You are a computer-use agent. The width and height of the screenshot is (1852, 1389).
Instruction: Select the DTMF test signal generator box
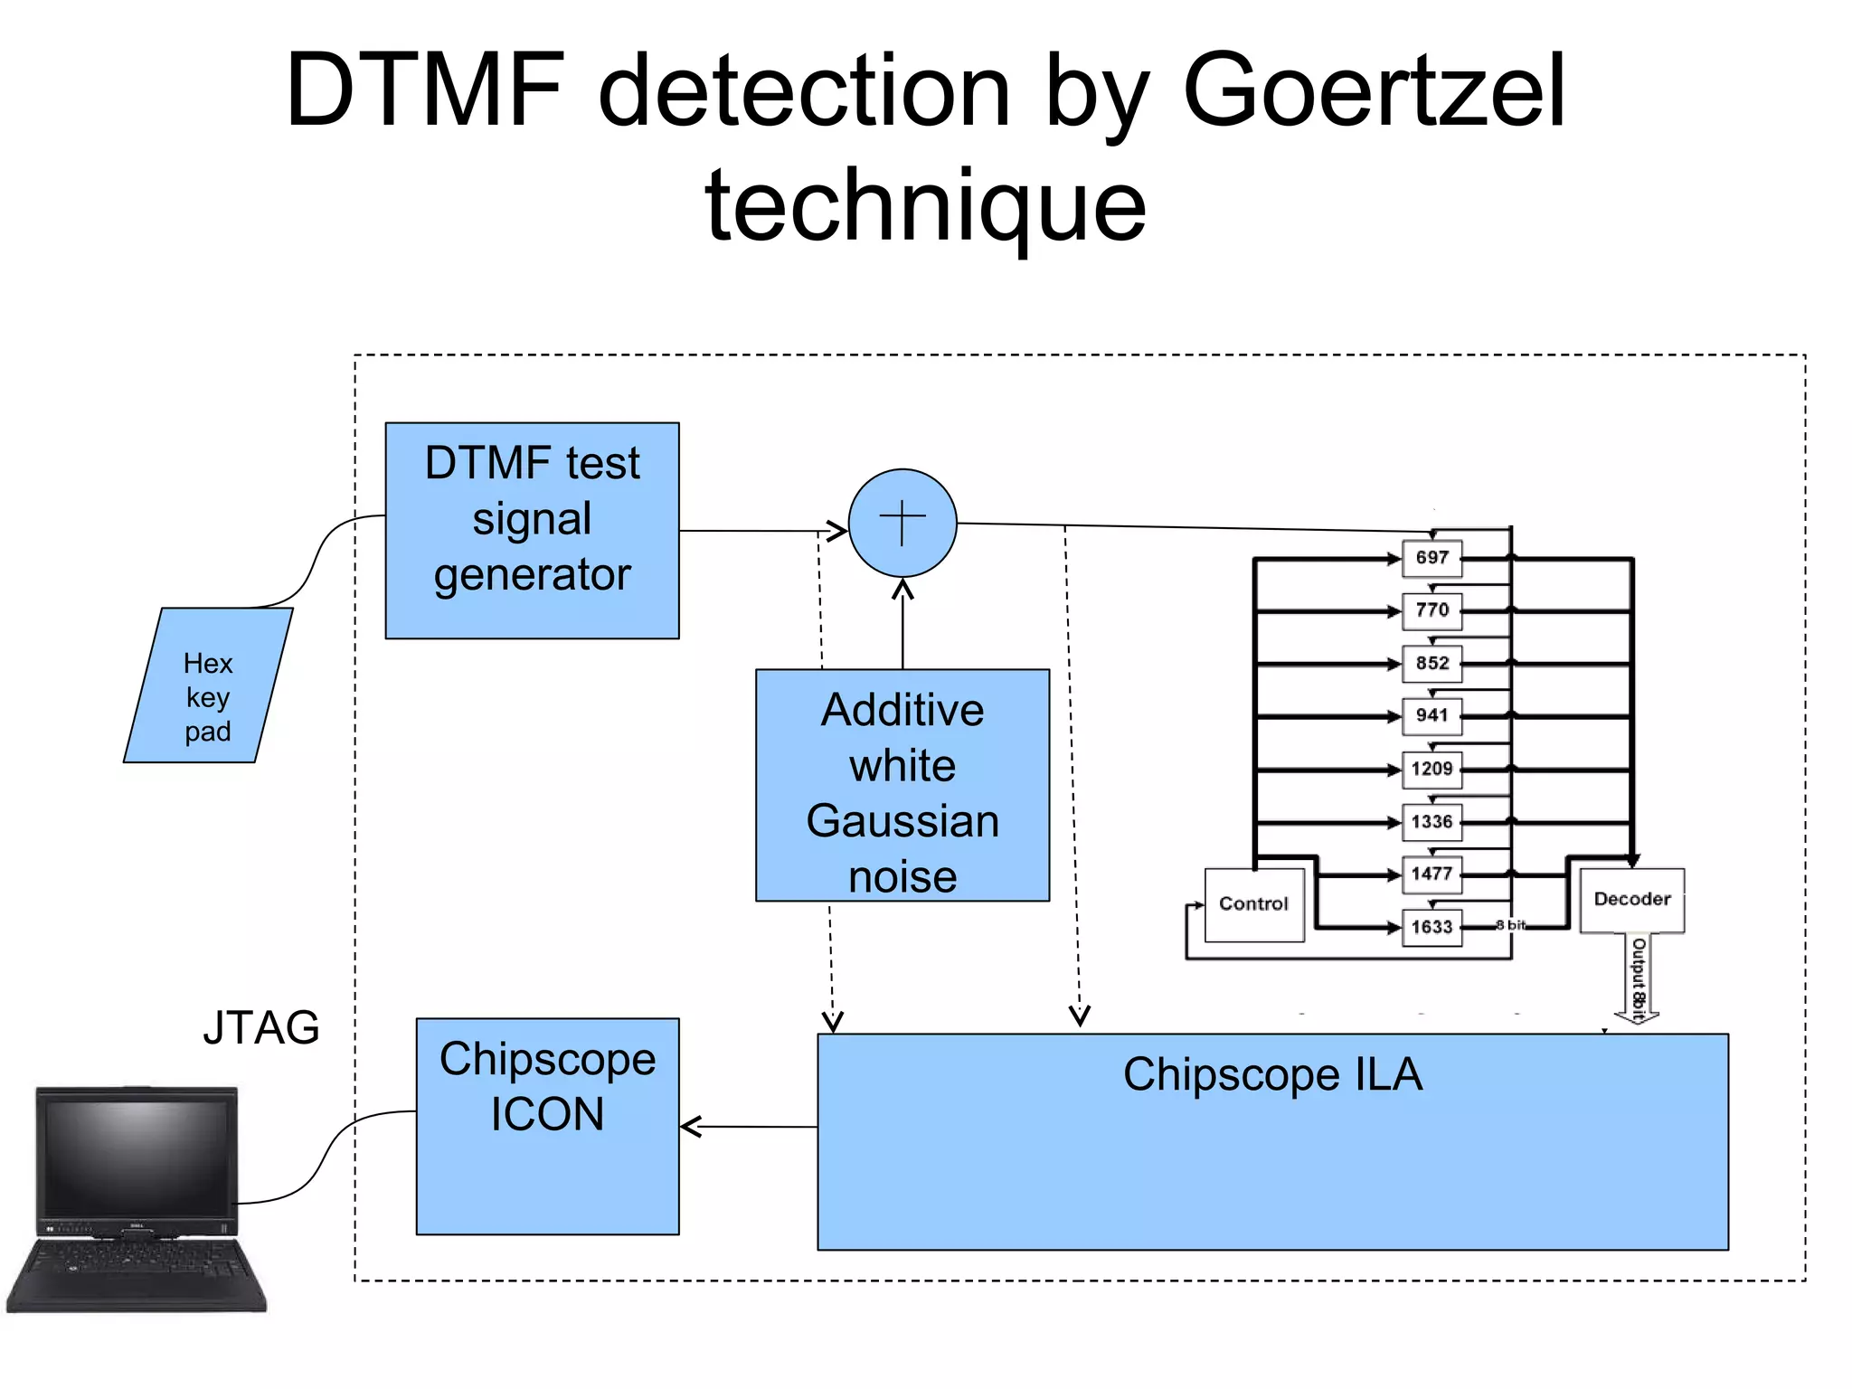pos(532,530)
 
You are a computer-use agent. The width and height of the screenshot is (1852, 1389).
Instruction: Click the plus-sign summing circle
pos(902,523)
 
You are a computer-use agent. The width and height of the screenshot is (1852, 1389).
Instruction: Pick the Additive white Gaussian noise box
pos(902,785)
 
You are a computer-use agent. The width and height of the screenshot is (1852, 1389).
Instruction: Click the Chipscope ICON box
pos(547,1125)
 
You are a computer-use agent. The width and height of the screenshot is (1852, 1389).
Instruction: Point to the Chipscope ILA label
pos(1272,1074)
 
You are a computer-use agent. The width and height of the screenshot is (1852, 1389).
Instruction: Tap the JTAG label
pos(260,1027)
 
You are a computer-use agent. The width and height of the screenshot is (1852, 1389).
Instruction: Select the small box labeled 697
pos(1432,558)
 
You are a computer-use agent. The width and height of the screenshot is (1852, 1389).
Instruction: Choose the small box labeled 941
pos(1432,715)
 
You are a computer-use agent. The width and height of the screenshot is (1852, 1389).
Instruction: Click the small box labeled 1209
pos(1432,769)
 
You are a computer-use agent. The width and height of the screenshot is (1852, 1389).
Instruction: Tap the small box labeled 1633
pos(1432,927)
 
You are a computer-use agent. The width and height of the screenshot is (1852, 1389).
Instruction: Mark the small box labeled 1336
pos(1432,821)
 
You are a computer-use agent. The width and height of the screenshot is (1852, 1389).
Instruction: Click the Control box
pos(1253,904)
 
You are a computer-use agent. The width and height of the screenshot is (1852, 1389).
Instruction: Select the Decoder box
pos(1631,900)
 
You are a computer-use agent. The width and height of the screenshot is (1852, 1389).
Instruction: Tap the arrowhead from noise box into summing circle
pos(902,591)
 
